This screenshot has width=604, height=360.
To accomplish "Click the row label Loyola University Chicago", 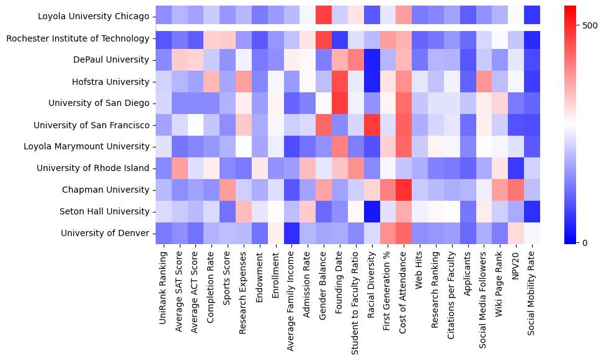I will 93,17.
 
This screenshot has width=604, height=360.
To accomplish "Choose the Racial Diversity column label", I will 371,285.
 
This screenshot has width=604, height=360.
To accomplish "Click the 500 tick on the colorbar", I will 590,25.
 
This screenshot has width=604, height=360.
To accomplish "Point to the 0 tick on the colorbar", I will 587,242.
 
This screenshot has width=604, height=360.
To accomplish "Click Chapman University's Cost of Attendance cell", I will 404,190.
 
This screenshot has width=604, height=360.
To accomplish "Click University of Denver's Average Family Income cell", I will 291,233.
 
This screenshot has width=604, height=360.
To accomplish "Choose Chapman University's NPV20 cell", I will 515,190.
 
